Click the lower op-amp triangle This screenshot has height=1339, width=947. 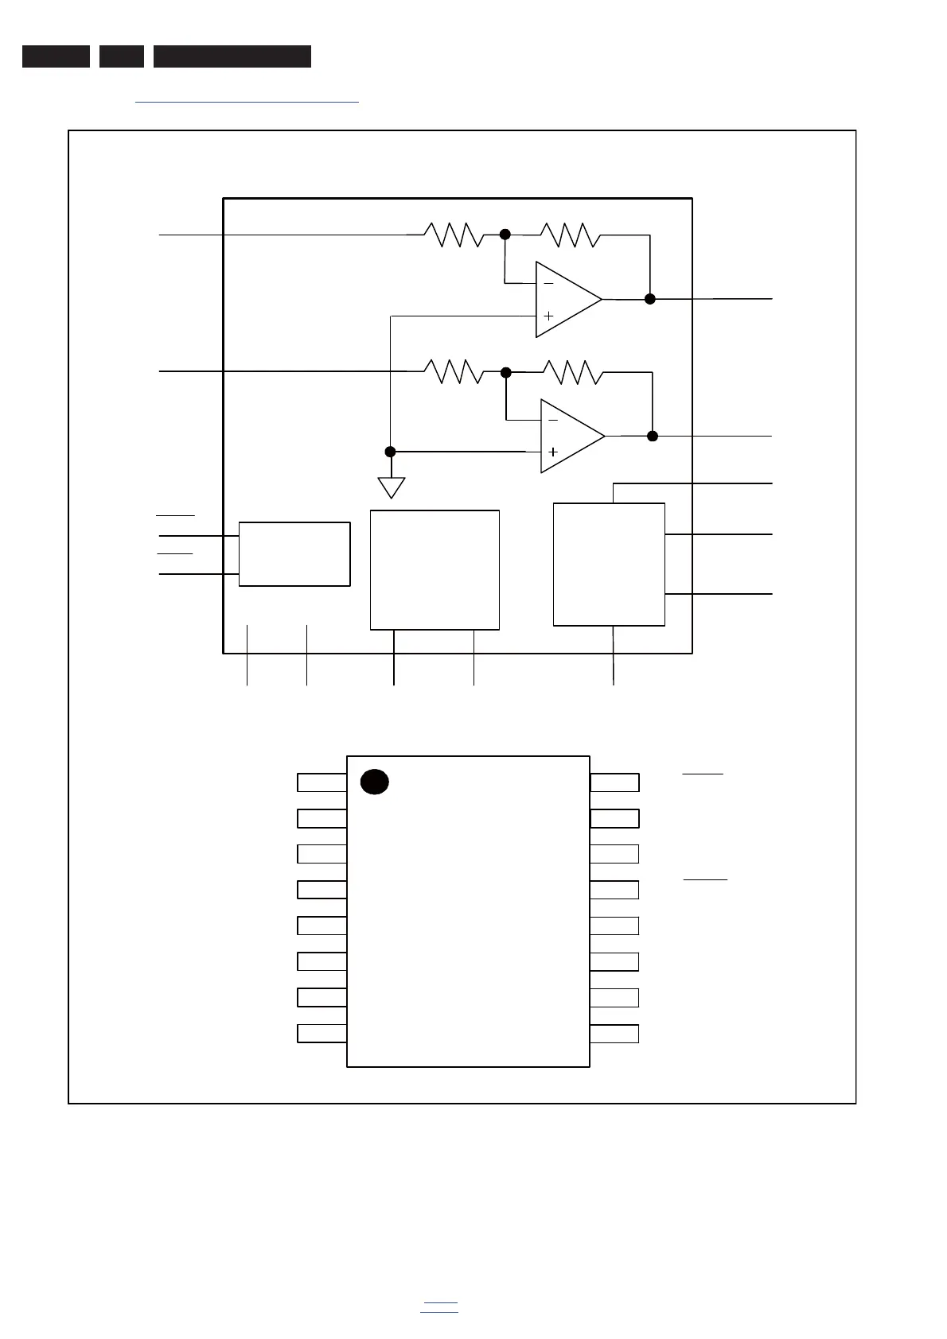click(569, 436)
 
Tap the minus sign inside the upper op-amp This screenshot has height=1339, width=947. click(548, 284)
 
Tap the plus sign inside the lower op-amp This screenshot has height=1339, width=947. click(553, 452)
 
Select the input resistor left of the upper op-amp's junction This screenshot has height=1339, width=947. click(454, 235)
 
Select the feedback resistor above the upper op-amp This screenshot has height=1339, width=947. click(570, 235)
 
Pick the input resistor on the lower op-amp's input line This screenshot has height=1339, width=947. click(454, 371)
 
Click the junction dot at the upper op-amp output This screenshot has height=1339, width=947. click(650, 299)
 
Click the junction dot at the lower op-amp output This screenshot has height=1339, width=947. click(653, 436)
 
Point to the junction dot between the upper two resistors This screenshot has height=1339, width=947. click(505, 235)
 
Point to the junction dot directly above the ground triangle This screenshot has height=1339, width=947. click(390, 452)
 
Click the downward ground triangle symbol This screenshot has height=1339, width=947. click(391, 486)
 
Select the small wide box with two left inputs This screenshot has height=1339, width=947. click(294, 554)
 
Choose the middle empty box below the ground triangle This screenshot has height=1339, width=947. click(435, 570)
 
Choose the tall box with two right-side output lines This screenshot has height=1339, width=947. click(609, 565)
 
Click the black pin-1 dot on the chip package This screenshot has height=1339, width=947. click(374, 782)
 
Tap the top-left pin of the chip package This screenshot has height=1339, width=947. click(322, 782)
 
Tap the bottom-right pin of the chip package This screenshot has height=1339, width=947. click(614, 1034)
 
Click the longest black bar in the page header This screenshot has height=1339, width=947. click(232, 56)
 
